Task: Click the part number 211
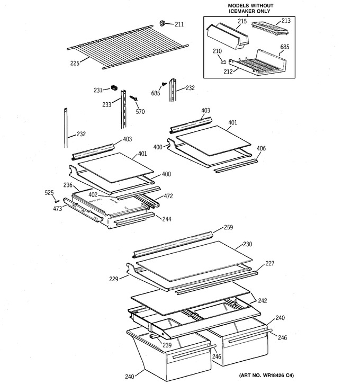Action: tap(179, 24)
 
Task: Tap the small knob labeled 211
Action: tap(162, 23)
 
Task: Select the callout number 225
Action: tap(75, 63)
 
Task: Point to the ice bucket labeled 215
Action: tap(227, 36)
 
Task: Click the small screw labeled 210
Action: tap(223, 62)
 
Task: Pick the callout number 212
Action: tap(228, 72)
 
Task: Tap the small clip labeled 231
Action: tap(114, 87)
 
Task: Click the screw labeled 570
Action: tap(133, 98)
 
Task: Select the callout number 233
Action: tap(107, 104)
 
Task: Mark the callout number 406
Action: tap(261, 148)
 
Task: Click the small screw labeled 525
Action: tap(57, 201)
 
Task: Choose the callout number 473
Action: tap(58, 209)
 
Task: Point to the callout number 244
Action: tap(167, 219)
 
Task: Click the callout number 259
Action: tap(228, 227)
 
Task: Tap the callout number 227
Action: tap(269, 263)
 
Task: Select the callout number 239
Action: tap(167, 345)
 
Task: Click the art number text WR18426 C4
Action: tap(278, 375)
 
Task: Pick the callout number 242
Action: tap(263, 300)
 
